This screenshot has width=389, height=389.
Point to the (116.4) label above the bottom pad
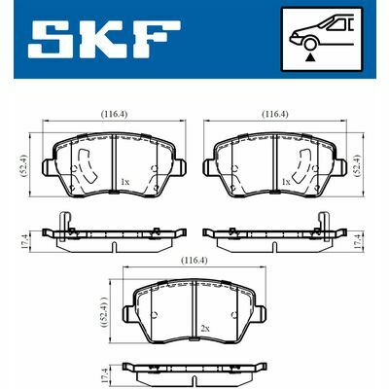pos(193,261)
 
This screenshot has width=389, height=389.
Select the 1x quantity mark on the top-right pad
pos(285,182)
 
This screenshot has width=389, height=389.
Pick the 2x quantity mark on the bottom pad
pos(204,330)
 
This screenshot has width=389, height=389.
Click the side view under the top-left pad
pos(115,234)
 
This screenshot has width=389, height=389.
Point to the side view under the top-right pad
pos(274,234)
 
